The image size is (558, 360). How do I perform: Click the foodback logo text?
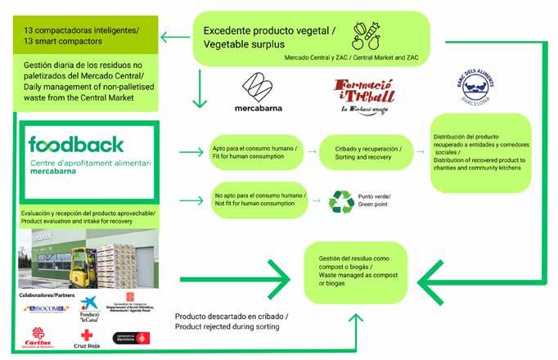coord(76,144)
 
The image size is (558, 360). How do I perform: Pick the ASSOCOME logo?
coord(38,309)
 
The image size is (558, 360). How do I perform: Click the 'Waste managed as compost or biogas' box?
coord(355,265)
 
